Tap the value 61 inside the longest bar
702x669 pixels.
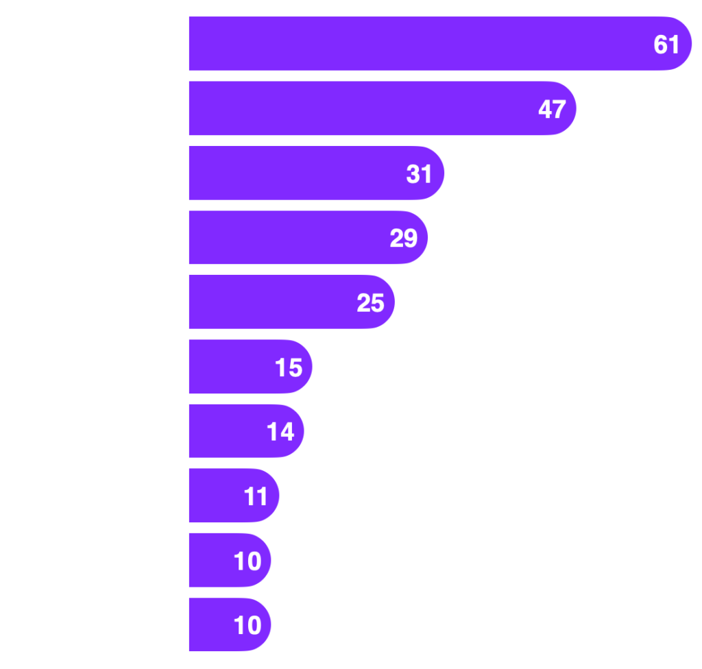pos(666,45)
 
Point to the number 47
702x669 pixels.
pos(552,110)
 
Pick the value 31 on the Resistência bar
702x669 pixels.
pos(420,174)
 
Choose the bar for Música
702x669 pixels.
pos(295,237)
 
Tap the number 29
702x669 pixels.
pos(403,239)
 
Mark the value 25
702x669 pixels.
pos(370,303)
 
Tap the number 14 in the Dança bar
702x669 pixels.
pos(280,432)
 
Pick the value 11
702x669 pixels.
pos(256,497)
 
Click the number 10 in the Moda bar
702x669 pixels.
pos(247,561)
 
